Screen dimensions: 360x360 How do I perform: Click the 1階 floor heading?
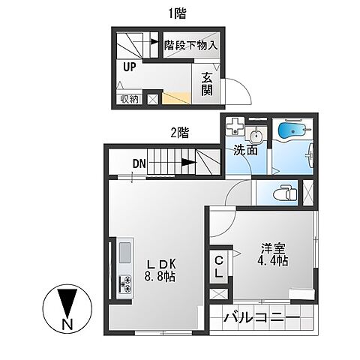(177, 13)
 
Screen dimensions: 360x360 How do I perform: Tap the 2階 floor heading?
(179, 132)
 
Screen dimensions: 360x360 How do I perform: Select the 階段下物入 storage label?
(190, 45)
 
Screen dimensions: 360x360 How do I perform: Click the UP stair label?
(130, 67)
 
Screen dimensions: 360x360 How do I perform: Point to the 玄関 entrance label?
(207, 84)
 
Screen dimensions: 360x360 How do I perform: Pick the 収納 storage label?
(130, 100)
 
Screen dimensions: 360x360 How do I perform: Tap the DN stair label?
(139, 164)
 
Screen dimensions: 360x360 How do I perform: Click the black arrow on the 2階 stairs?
(188, 163)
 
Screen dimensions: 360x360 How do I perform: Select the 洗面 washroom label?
(245, 150)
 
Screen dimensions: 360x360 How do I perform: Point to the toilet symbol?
(285, 193)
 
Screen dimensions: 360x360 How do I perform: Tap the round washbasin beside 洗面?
(255, 136)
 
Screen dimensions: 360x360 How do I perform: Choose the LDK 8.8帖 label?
(160, 270)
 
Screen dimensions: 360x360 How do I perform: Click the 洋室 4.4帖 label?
(273, 254)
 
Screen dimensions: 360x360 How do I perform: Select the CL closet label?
(219, 267)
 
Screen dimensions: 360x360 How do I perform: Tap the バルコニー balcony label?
(262, 318)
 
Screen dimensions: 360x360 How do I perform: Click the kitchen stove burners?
(125, 283)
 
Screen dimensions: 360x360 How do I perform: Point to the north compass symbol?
(67, 308)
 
